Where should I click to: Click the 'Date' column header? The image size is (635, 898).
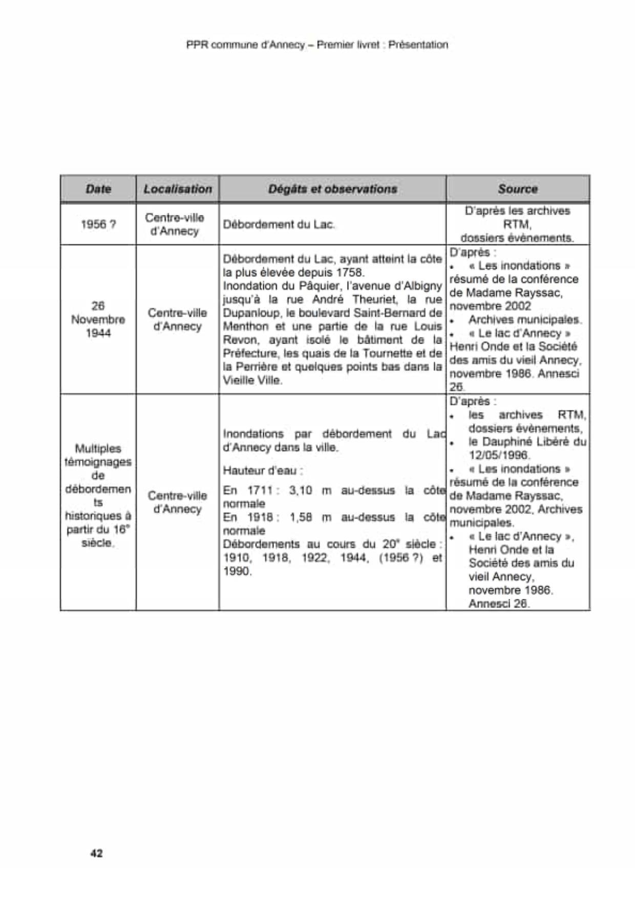(x=98, y=189)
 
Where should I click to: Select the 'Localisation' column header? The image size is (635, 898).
(x=178, y=189)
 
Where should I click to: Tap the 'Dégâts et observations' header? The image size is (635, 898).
(x=332, y=189)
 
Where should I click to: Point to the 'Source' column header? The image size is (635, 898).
(x=517, y=189)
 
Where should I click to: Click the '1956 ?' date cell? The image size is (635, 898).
(x=98, y=224)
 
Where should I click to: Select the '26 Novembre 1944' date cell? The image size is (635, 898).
(x=98, y=319)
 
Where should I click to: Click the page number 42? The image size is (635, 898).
(x=96, y=853)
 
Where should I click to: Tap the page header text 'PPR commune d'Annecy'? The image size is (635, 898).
(x=245, y=45)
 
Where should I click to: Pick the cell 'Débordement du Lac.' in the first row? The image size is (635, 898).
(x=279, y=224)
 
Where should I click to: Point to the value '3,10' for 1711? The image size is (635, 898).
(x=301, y=490)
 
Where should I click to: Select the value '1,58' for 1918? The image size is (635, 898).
(x=301, y=518)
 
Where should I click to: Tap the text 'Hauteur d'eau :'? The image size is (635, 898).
(x=263, y=471)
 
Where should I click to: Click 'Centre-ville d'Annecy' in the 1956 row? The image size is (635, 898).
(x=175, y=224)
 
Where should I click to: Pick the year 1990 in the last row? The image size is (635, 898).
(x=238, y=571)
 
